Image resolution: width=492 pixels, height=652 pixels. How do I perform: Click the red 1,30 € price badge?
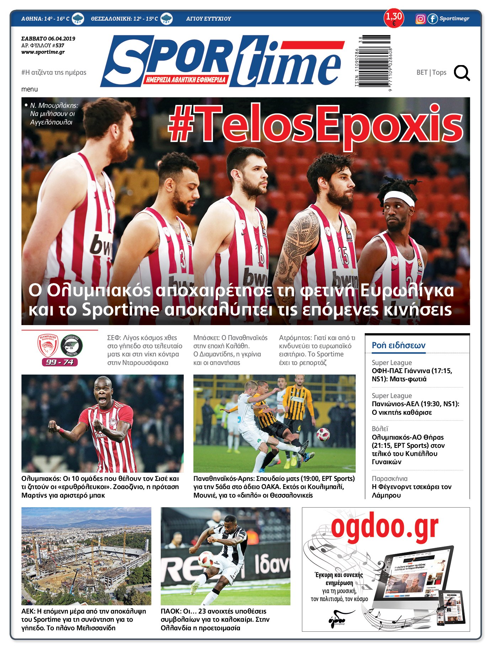[x=394, y=18]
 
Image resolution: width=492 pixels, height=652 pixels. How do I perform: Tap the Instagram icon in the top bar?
[x=420, y=19]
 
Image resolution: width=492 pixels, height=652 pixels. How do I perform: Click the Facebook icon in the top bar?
[x=432, y=19]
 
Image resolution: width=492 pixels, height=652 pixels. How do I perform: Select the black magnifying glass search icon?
[x=462, y=73]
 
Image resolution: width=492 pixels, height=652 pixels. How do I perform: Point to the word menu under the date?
[x=30, y=89]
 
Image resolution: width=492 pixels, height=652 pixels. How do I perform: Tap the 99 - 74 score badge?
[x=60, y=362]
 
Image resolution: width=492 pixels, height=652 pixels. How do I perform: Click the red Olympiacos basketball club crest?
[x=48, y=345]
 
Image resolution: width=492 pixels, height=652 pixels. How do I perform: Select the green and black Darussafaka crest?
[x=71, y=345]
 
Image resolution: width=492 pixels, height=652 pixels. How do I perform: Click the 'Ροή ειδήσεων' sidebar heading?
[x=399, y=345]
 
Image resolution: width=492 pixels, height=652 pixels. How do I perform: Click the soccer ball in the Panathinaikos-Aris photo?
[x=323, y=435]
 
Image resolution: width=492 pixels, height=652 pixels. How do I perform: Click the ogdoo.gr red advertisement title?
[x=385, y=527]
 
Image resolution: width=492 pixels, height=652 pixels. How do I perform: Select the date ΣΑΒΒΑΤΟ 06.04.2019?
[x=48, y=39]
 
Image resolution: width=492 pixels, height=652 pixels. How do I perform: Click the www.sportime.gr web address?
[x=43, y=52]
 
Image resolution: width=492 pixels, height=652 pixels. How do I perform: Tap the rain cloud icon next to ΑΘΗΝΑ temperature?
[x=78, y=19]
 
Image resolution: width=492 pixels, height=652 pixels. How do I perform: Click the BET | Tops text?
[x=431, y=73]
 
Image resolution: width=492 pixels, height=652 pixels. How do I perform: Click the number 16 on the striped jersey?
[x=260, y=255]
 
